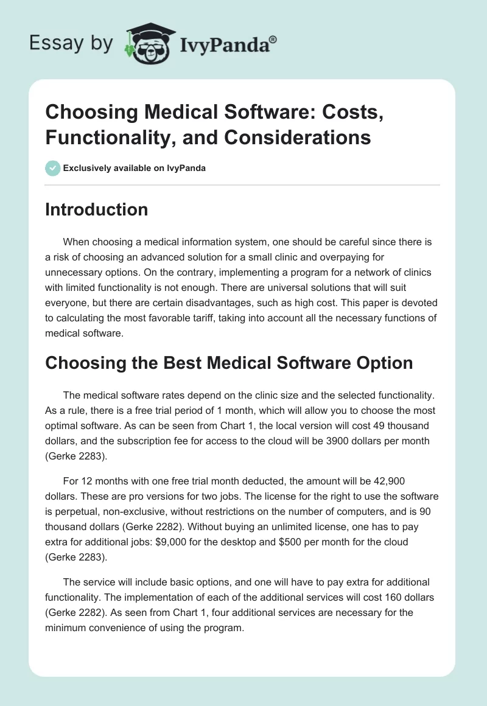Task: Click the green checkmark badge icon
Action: [52, 168]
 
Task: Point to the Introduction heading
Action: [96, 209]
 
